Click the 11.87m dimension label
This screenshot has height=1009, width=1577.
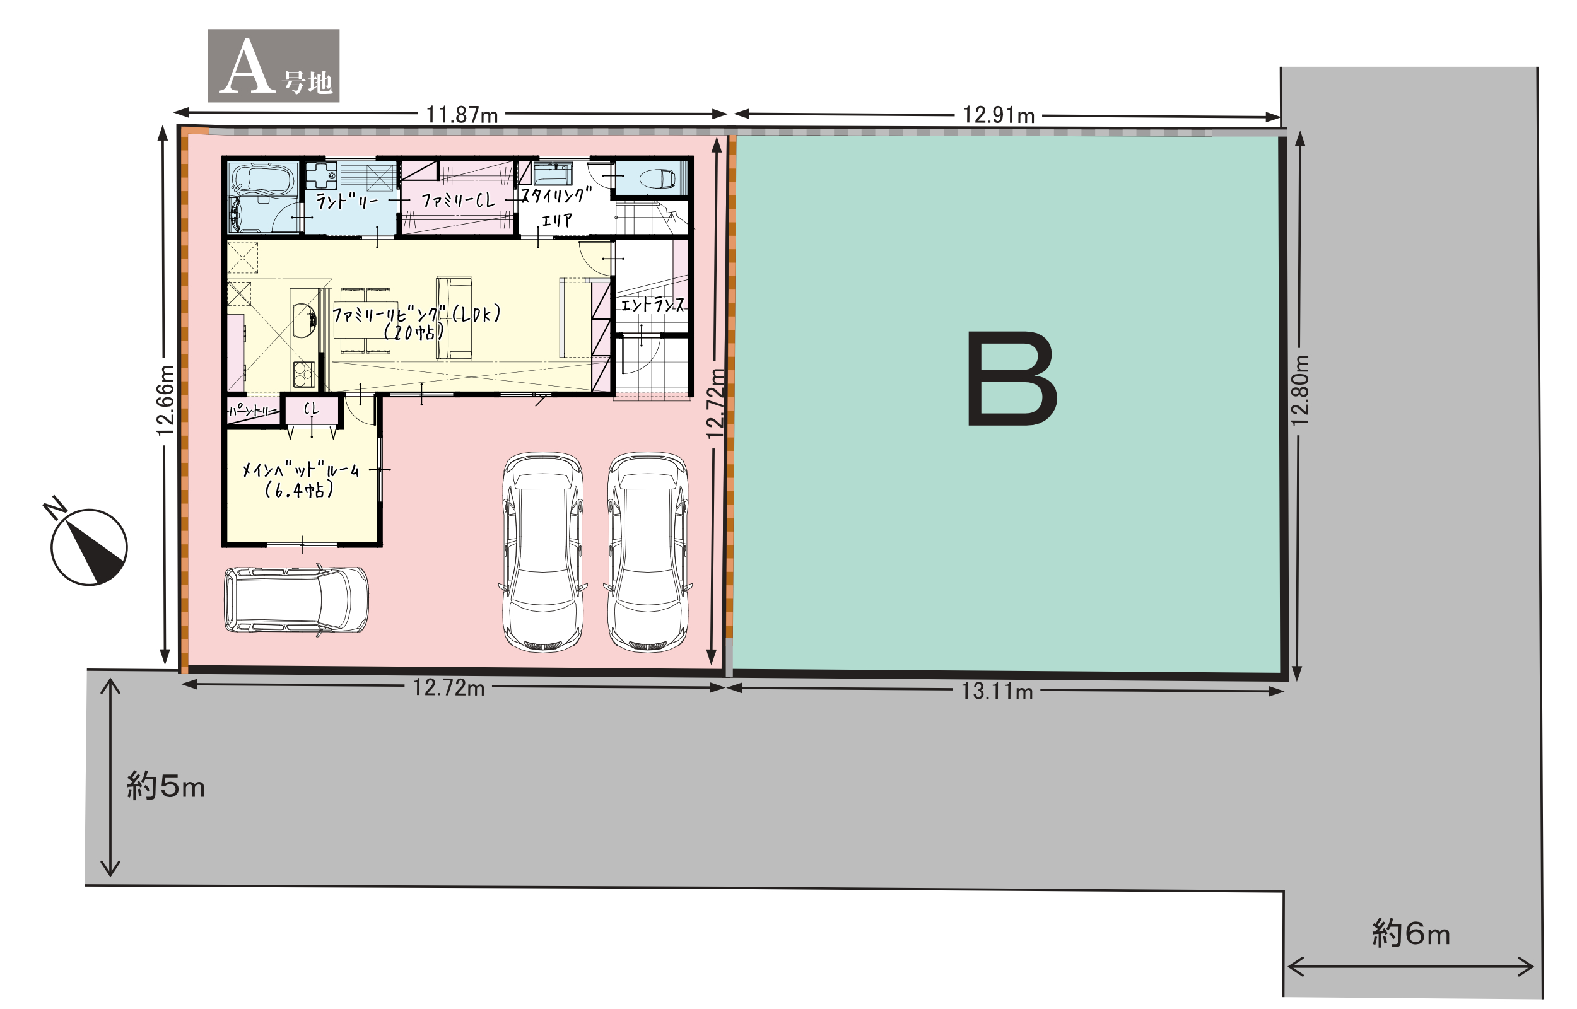(x=462, y=115)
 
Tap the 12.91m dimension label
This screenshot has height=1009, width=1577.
(x=999, y=115)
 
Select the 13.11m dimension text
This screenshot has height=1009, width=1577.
(x=997, y=691)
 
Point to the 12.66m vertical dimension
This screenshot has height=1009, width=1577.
(x=165, y=400)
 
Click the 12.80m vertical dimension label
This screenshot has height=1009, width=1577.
(x=1300, y=390)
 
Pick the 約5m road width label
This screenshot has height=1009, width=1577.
(x=166, y=786)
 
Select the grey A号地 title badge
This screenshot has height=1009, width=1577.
(x=274, y=66)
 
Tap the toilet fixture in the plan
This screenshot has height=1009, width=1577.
(x=657, y=178)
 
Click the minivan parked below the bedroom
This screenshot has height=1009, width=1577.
(x=296, y=600)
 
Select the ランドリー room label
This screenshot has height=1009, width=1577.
(x=347, y=201)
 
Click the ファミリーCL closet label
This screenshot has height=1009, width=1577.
(x=458, y=200)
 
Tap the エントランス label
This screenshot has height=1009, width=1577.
(x=652, y=305)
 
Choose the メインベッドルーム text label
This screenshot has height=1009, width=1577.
(x=301, y=470)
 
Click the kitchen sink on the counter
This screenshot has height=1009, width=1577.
(x=303, y=320)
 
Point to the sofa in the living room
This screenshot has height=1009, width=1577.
(x=454, y=318)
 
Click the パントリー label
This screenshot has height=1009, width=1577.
(x=252, y=411)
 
